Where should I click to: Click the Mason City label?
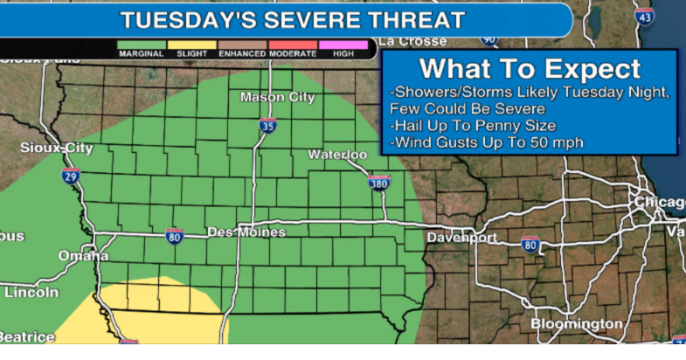tap(277, 97)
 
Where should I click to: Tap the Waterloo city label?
tap(337, 155)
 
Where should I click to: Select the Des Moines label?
tap(246, 232)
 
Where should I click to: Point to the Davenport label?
tap(462, 238)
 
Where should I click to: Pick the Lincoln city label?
tap(31, 293)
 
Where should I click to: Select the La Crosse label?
tap(412, 41)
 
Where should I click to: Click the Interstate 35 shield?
tap(267, 126)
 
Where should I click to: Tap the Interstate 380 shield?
tap(379, 182)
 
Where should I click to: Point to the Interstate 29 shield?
tap(72, 175)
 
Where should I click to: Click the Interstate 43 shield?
tap(644, 15)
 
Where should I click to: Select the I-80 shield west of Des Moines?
tap(175, 234)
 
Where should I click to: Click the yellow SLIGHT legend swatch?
tap(191, 43)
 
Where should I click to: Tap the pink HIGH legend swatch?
tap(343, 43)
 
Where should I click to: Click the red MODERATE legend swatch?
tap(293, 43)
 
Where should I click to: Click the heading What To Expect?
tap(530, 68)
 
